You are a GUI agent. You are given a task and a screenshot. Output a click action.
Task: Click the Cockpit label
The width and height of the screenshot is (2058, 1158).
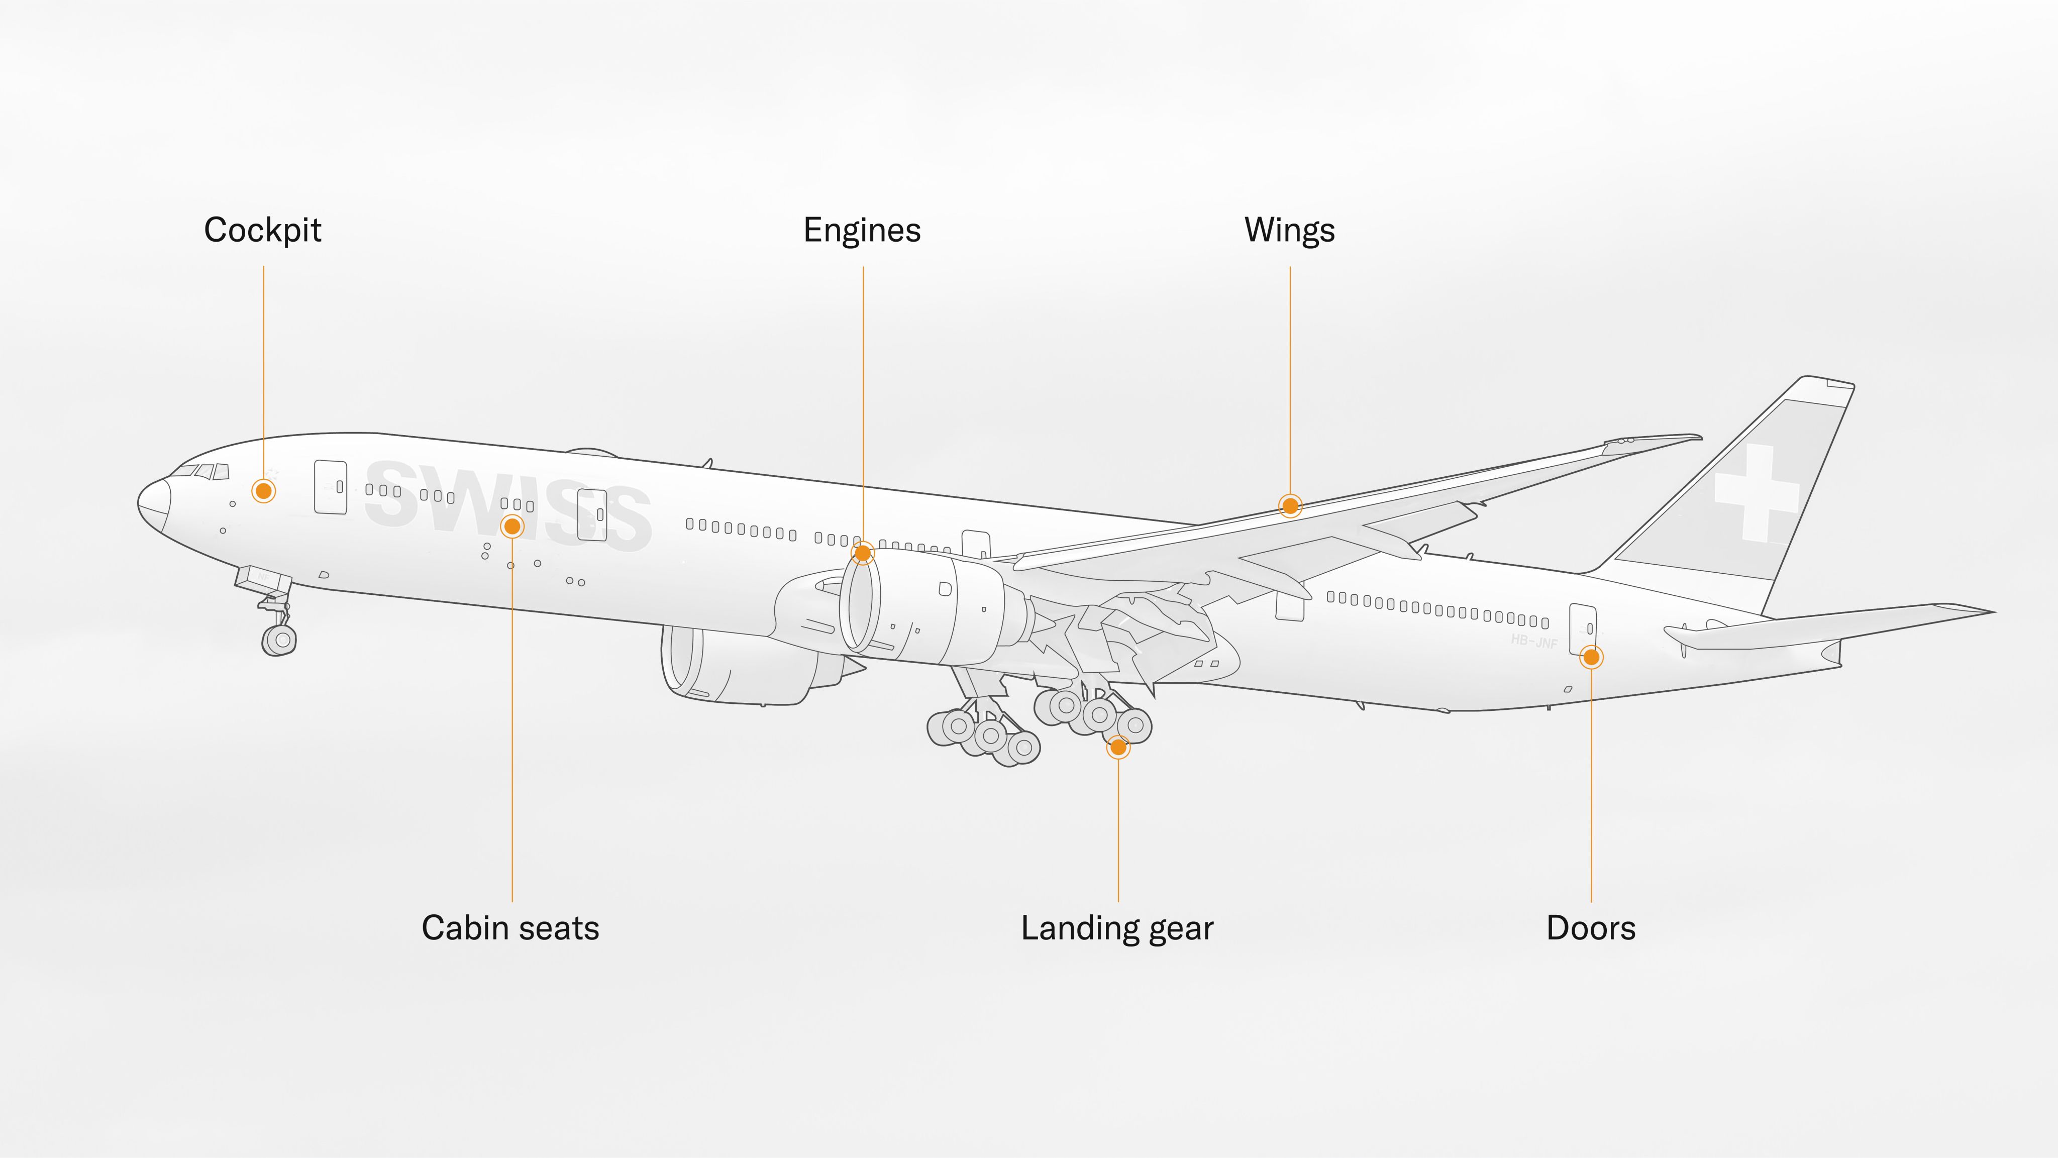[x=262, y=231]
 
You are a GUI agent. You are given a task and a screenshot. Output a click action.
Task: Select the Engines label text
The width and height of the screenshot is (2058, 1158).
[x=862, y=231]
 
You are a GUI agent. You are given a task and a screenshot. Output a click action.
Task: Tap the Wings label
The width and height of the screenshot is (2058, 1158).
[x=1289, y=231]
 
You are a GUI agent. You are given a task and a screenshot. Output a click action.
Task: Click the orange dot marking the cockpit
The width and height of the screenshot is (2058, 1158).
[x=264, y=490]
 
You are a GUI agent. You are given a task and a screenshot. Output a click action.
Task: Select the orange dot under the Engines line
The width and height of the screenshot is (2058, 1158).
[x=863, y=553]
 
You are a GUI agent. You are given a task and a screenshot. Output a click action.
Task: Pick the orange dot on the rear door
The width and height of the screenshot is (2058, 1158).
[x=1591, y=657]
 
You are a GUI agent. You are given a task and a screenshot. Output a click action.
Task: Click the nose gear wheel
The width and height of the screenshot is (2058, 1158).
[x=280, y=640]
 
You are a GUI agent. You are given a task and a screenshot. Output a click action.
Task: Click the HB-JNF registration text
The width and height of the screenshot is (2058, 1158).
[x=1534, y=641]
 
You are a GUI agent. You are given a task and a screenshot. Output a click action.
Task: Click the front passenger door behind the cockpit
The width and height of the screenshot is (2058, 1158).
[x=330, y=486]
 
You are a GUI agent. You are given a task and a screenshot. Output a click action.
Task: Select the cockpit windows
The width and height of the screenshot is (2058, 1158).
[x=203, y=471]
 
